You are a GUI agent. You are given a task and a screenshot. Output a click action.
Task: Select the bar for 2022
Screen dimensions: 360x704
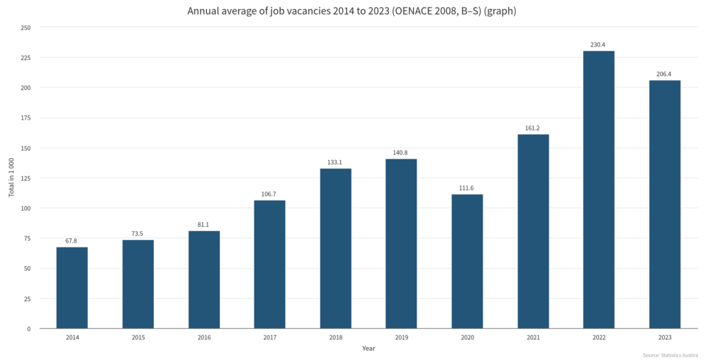tap(599, 190)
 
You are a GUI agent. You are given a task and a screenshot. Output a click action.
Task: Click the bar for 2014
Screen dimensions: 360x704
tap(71, 287)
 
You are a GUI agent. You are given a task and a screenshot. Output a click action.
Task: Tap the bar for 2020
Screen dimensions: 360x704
tap(467, 261)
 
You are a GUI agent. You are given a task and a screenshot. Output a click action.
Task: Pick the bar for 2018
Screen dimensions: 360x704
tap(335, 248)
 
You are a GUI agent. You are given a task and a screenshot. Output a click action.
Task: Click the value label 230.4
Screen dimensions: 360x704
tap(598, 45)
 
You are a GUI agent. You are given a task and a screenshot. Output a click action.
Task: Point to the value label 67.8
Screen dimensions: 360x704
tap(71, 240)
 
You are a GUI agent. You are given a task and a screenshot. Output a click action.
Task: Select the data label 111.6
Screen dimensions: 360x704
tap(467, 188)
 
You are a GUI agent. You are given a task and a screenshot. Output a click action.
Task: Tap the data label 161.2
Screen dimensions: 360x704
tap(533, 128)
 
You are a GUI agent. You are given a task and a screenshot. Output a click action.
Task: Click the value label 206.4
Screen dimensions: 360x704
tap(664, 74)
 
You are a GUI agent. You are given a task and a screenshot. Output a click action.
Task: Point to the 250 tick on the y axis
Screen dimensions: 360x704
tap(25, 27)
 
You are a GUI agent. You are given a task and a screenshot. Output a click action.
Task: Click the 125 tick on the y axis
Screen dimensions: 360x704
tap(25, 178)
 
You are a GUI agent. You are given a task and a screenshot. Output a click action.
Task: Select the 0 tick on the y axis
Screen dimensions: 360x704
tap(29, 329)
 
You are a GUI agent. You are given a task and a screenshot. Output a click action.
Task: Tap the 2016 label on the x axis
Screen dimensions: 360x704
tap(203, 337)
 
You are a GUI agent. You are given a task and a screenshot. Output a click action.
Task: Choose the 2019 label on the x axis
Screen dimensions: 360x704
tap(401, 337)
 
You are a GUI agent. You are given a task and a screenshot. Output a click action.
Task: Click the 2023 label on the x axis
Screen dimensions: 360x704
tap(664, 337)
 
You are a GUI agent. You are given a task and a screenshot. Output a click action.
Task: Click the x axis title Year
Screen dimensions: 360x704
tap(369, 348)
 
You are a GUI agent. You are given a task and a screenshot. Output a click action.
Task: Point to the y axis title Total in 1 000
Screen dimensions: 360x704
tap(12, 178)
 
